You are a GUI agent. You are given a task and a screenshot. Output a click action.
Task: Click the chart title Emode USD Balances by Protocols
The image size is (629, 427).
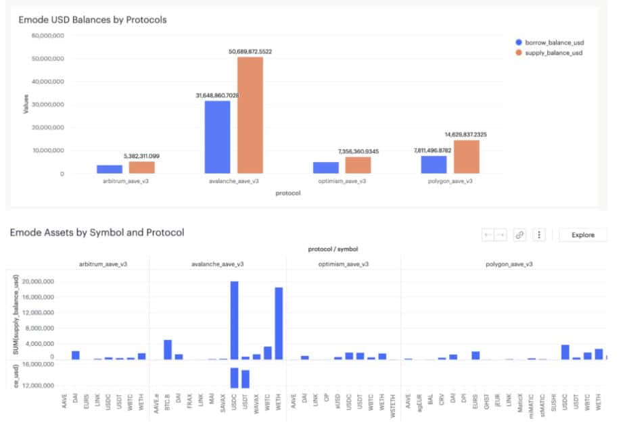coord(92,20)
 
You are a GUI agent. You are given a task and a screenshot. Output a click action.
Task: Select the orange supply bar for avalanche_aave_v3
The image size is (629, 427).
coord(250,115)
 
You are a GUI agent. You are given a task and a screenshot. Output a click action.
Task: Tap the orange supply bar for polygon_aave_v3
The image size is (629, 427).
coord(466,157)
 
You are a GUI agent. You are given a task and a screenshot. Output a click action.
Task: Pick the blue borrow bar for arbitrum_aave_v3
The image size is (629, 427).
coord(110,169)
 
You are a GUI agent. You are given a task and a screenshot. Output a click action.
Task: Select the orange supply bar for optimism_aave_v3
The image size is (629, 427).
coord(358,165)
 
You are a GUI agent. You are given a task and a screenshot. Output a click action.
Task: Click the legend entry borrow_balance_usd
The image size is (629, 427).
coord(549,42)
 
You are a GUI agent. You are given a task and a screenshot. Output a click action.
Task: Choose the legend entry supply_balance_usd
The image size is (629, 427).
coord(549,52)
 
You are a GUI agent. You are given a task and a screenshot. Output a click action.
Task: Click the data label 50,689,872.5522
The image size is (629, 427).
coord(250,51)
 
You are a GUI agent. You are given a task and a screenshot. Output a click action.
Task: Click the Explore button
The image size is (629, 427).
coord(582,235)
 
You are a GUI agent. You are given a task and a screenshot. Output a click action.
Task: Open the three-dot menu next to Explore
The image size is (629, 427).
coord(539,235)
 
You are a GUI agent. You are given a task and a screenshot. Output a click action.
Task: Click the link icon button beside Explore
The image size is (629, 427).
coord(519,235)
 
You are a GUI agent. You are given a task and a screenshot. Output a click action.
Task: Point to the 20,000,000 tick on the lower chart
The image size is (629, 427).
coord(40,282)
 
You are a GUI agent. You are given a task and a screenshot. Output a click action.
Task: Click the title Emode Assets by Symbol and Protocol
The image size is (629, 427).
coord(97,232)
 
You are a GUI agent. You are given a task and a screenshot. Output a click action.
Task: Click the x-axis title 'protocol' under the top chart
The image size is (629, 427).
coord(287,193)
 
